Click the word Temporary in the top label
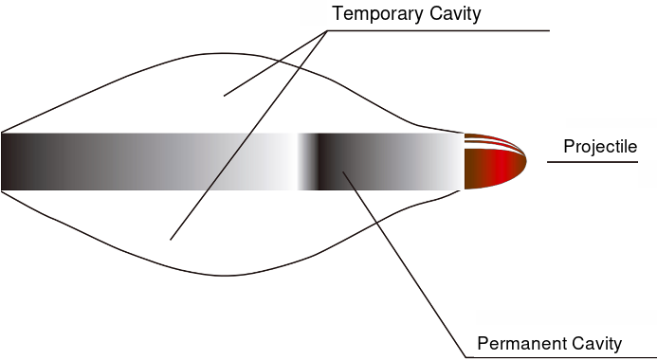click(377, 14)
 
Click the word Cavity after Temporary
click(455, 14)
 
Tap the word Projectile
click(600, 147)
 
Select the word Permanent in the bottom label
click(520, 344)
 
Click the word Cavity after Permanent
click(594, 345)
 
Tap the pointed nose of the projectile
click(526, 160)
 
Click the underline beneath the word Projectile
click(593, 162)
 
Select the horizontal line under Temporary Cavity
click(438, 30)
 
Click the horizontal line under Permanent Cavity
click(561, 357)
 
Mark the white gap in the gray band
click(289, 162)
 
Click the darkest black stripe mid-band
click(321, 162)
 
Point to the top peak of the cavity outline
click(223, 54)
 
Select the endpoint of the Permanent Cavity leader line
click(343, 171)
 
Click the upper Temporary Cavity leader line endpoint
click(224, 96)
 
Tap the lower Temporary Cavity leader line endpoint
click(171, 240)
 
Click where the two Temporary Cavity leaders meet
click(327, 31)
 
